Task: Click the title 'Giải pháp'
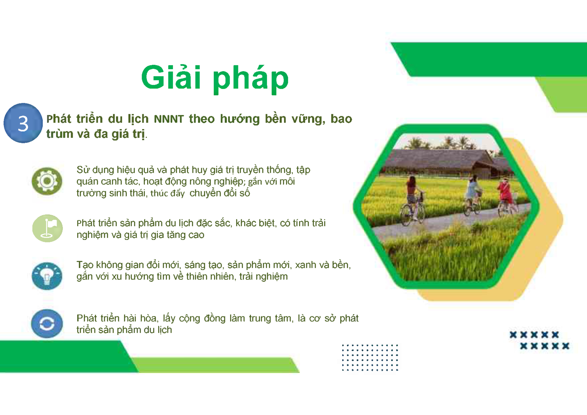point(215,78)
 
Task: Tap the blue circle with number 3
point(23,123)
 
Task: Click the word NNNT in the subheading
point(169,119)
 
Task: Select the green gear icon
point(47,181)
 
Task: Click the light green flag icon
point(47,228)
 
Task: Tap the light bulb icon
point(47,276)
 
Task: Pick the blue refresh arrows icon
point(47,324)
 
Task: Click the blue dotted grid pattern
point(370,357)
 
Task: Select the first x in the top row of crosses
point(513,335)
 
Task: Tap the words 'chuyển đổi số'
point(220,193)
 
